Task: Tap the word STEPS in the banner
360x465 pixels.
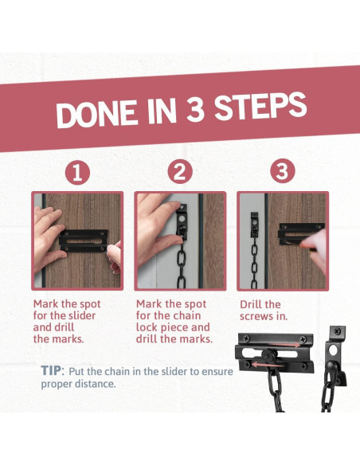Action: pyautogui.click(x=260, y=106)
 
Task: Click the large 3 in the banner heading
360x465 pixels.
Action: pyautogui.click(x=195, y=109)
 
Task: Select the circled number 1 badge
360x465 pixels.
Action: pyautogui.click(x=77, y=172)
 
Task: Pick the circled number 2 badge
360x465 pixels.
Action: pyautogui.click(x=180, y=171)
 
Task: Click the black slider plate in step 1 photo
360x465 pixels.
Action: pyautogui.click(x=84, y=240)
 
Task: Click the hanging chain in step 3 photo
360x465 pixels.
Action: pyautogui.click(x=254, y=263)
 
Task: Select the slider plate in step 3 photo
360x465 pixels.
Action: pyautogui.click(x=301, y=234)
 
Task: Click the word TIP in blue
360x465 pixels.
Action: pyautogui.click(x=51, y=370)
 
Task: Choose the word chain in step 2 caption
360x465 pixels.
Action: pyautogui.click(x=186, y=315)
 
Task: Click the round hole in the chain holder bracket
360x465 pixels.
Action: pyautogui.click(x=333, y=350)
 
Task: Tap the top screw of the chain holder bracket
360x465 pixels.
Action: pyautogui.click(x=338, y=330)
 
